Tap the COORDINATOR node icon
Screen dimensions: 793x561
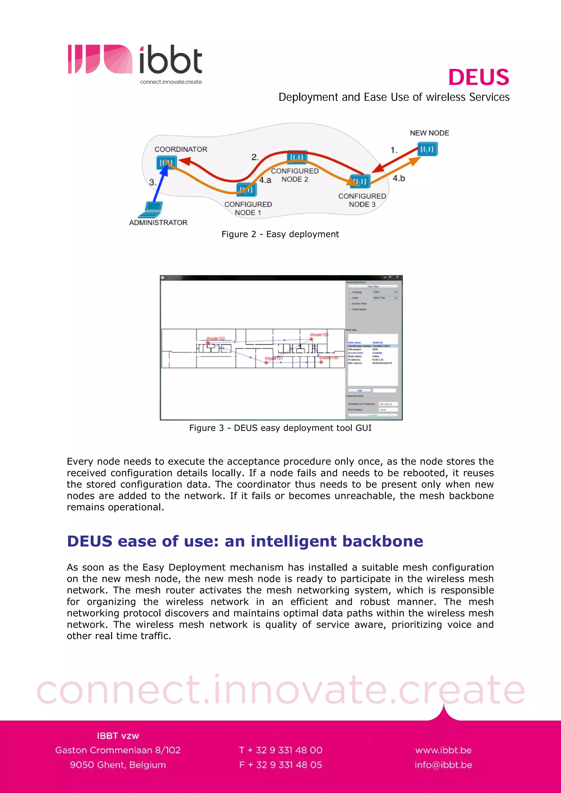pos(167,162)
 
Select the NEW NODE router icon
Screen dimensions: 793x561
pos(428,150)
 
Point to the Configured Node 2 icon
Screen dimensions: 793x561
pos(297,157)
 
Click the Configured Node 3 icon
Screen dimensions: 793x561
pos(360,181)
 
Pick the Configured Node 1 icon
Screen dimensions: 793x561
pos(247,189)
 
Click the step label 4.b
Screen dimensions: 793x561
pos(399,178)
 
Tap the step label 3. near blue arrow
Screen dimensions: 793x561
pos(152,182)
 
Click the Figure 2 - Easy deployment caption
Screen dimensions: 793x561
pos(280,234)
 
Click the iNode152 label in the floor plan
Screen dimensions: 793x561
pos(216,338)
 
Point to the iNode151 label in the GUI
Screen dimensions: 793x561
pos(274,358)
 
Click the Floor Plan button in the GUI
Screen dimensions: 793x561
pos(373,286)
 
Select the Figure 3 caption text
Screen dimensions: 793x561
pos(280,428)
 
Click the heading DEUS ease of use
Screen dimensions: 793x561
pos(245,541)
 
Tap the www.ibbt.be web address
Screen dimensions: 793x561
pos(443,750)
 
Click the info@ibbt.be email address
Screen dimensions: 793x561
pos(443,765)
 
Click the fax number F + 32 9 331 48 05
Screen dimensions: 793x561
pos(280,765)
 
